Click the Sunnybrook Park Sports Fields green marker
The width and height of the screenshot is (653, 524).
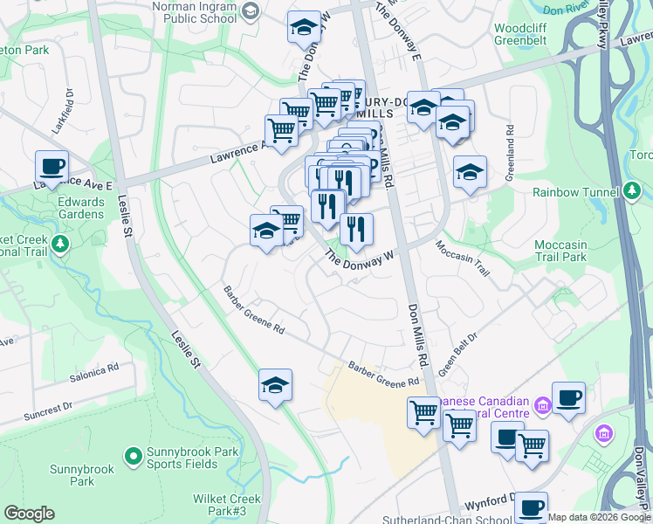click(x=133, y=455)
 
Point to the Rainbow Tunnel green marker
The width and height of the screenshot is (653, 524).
click(x=632, y=190)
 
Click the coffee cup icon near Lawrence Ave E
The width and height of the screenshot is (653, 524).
click(x=52, y=165)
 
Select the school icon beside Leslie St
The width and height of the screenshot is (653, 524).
click(x=275, y=384)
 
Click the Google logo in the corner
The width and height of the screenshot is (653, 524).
click(x=29, y=514)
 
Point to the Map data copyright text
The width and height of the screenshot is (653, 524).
click(x=599, y=517)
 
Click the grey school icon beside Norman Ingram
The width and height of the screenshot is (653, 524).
click(x=251, y=10)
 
